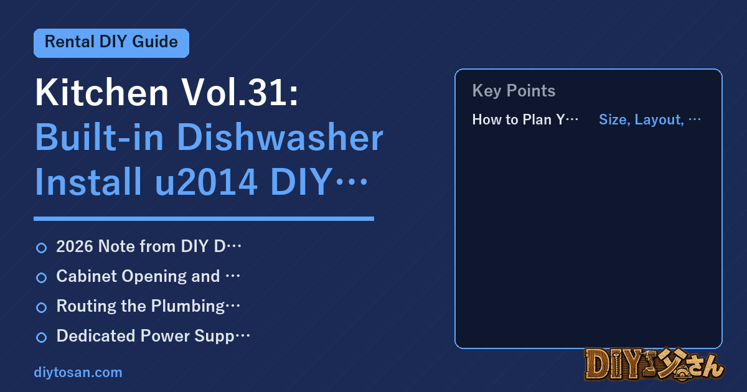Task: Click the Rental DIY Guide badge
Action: pyautogui.click(x=111, y=43)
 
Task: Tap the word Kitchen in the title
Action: pyautogui.click(x=101, y=92)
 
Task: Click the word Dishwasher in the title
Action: pyautogui.click(x=280, y=138)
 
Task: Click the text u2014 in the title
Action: pyautogui.click(x=206, y=182)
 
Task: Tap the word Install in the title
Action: pyautogui.click(x=88, y=182)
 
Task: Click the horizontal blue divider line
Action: pyautogui.click(x=204, y=218)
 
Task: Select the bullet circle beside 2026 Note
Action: pyautogui.click(x=41, y=248)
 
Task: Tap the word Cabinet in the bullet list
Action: pyautogui.click(x=87, y=276)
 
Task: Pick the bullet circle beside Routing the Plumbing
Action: pyautogui.click(x=41, y=307)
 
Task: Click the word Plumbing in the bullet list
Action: pyautogui.click(x=188, y=307)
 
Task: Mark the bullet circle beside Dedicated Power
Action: pyautogui.click(x=41, y=337)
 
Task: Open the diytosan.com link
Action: pyautogui.click(x=78, y=372)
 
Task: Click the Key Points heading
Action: pyautogui.click(x=514, y=91)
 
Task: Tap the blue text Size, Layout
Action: pyautogui.click(x=641, y=119)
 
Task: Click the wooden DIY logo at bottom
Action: pyautogui.click(x=654, y=365)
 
